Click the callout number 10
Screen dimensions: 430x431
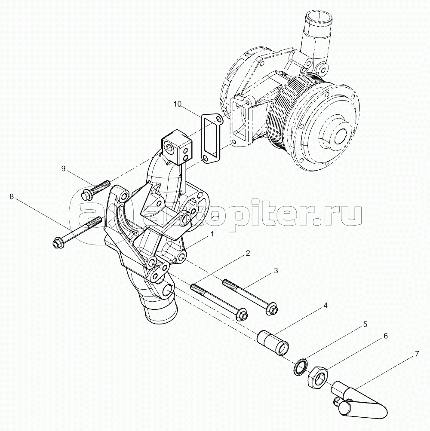pos(178,104)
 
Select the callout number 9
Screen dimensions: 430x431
pos(63,168)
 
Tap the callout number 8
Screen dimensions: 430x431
pos(12,196)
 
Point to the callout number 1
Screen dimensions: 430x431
pos(212,234)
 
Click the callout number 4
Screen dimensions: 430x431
pos(325,306)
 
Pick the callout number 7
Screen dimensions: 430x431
pos(417,355)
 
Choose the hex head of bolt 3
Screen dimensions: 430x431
pos(272,309)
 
